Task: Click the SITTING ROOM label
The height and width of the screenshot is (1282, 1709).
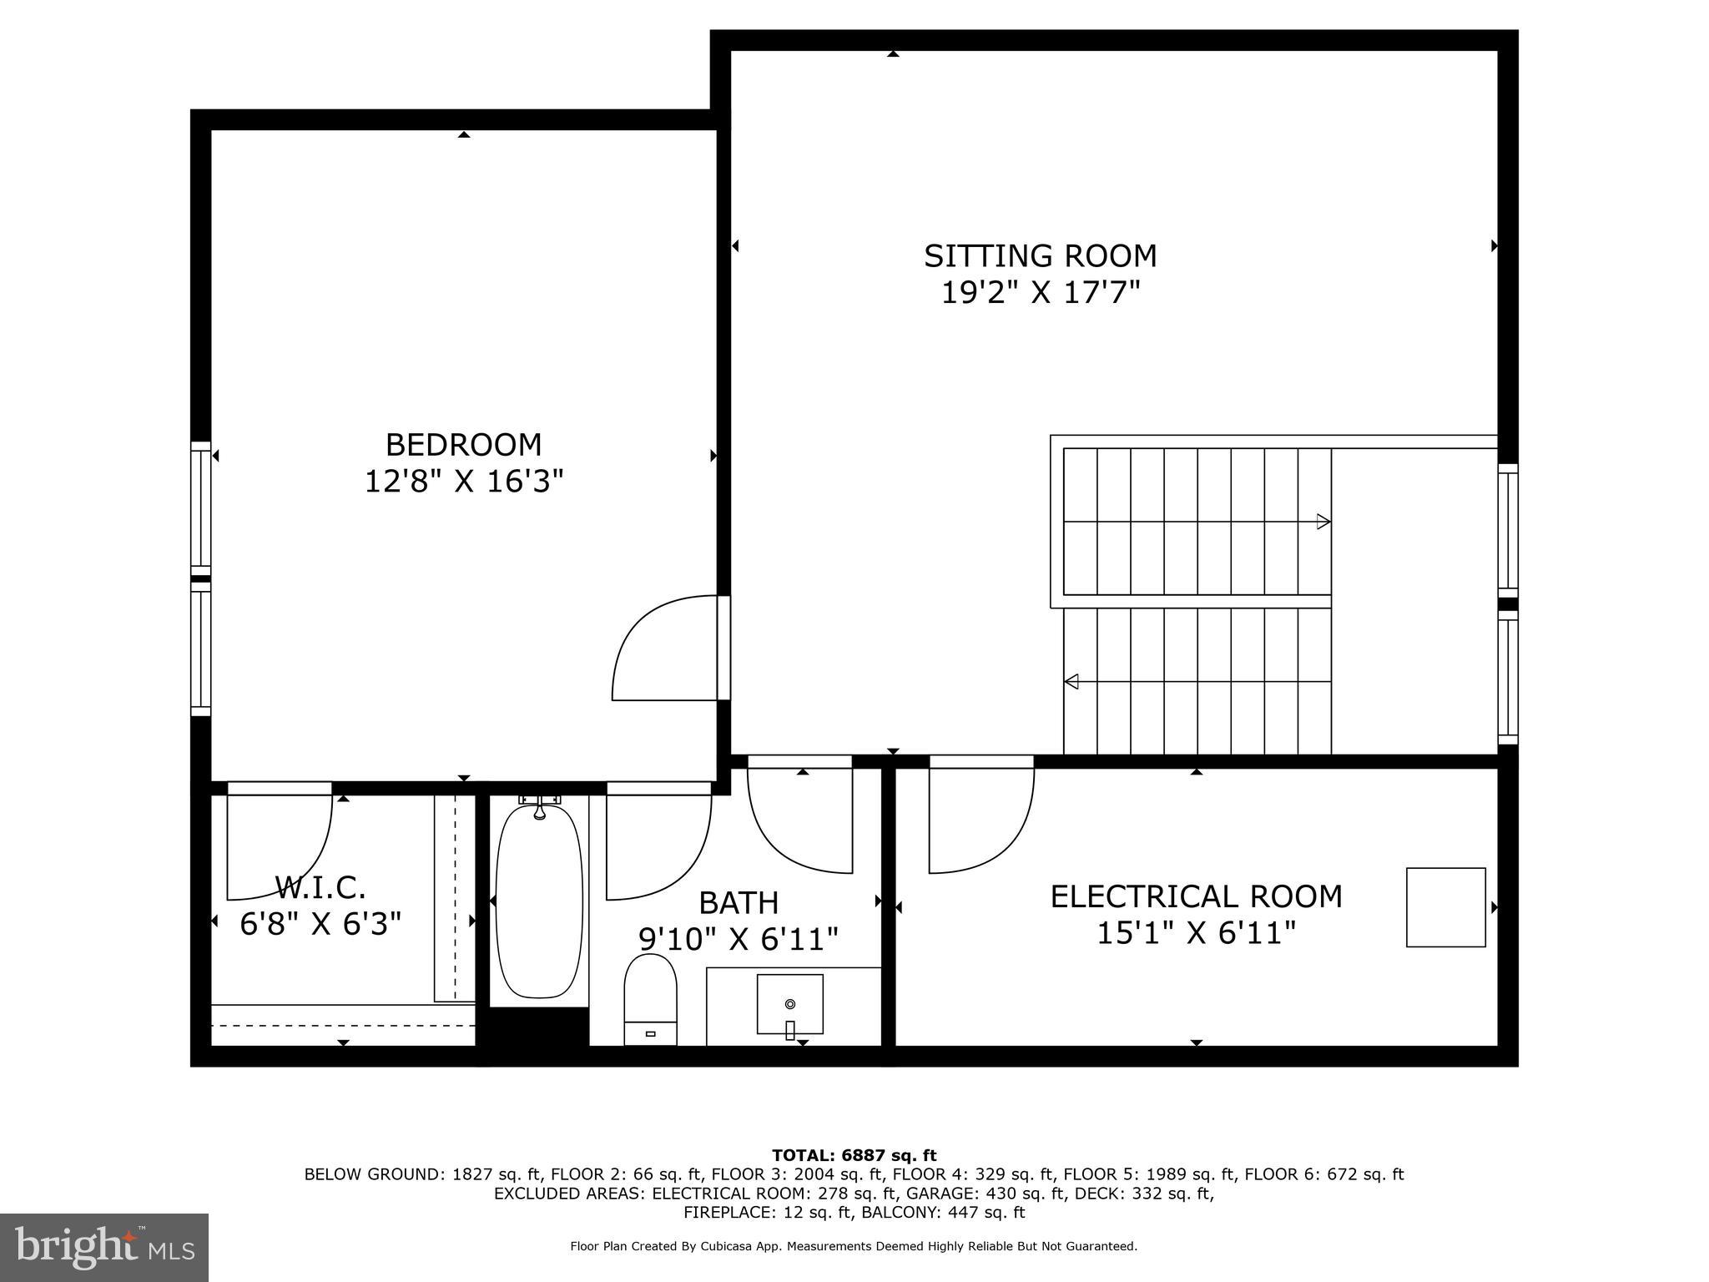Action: click(x=1040, y=255)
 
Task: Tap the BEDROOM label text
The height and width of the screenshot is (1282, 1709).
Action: click(x=463, y=445)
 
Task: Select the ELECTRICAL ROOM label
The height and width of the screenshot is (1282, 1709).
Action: click(x=1196, y=896)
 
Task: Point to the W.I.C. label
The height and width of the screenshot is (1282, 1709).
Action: click(x=320, y=886)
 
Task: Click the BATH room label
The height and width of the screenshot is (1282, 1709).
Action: click(x=739, y=903)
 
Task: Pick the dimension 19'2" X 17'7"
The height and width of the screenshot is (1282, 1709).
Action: click(x=1040, y=293)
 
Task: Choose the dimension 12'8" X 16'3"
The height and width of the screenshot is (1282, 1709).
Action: click(x=463, y=482)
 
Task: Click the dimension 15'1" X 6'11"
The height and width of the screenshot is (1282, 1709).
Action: click(x=1196, y=933)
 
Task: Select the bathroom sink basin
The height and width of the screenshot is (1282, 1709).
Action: click(x=789, y=1003)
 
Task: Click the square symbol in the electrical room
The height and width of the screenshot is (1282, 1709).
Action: click(x=1445, y=907)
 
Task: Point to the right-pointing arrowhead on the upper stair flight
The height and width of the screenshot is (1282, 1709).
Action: click(x=1323, y=522)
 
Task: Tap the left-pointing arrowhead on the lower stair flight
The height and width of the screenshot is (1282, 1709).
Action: click(x=1071, y=682)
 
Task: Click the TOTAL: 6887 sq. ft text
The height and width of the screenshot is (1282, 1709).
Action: click(x=854, y=1156)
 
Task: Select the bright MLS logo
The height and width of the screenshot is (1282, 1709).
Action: click(x=104, y=1247)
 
